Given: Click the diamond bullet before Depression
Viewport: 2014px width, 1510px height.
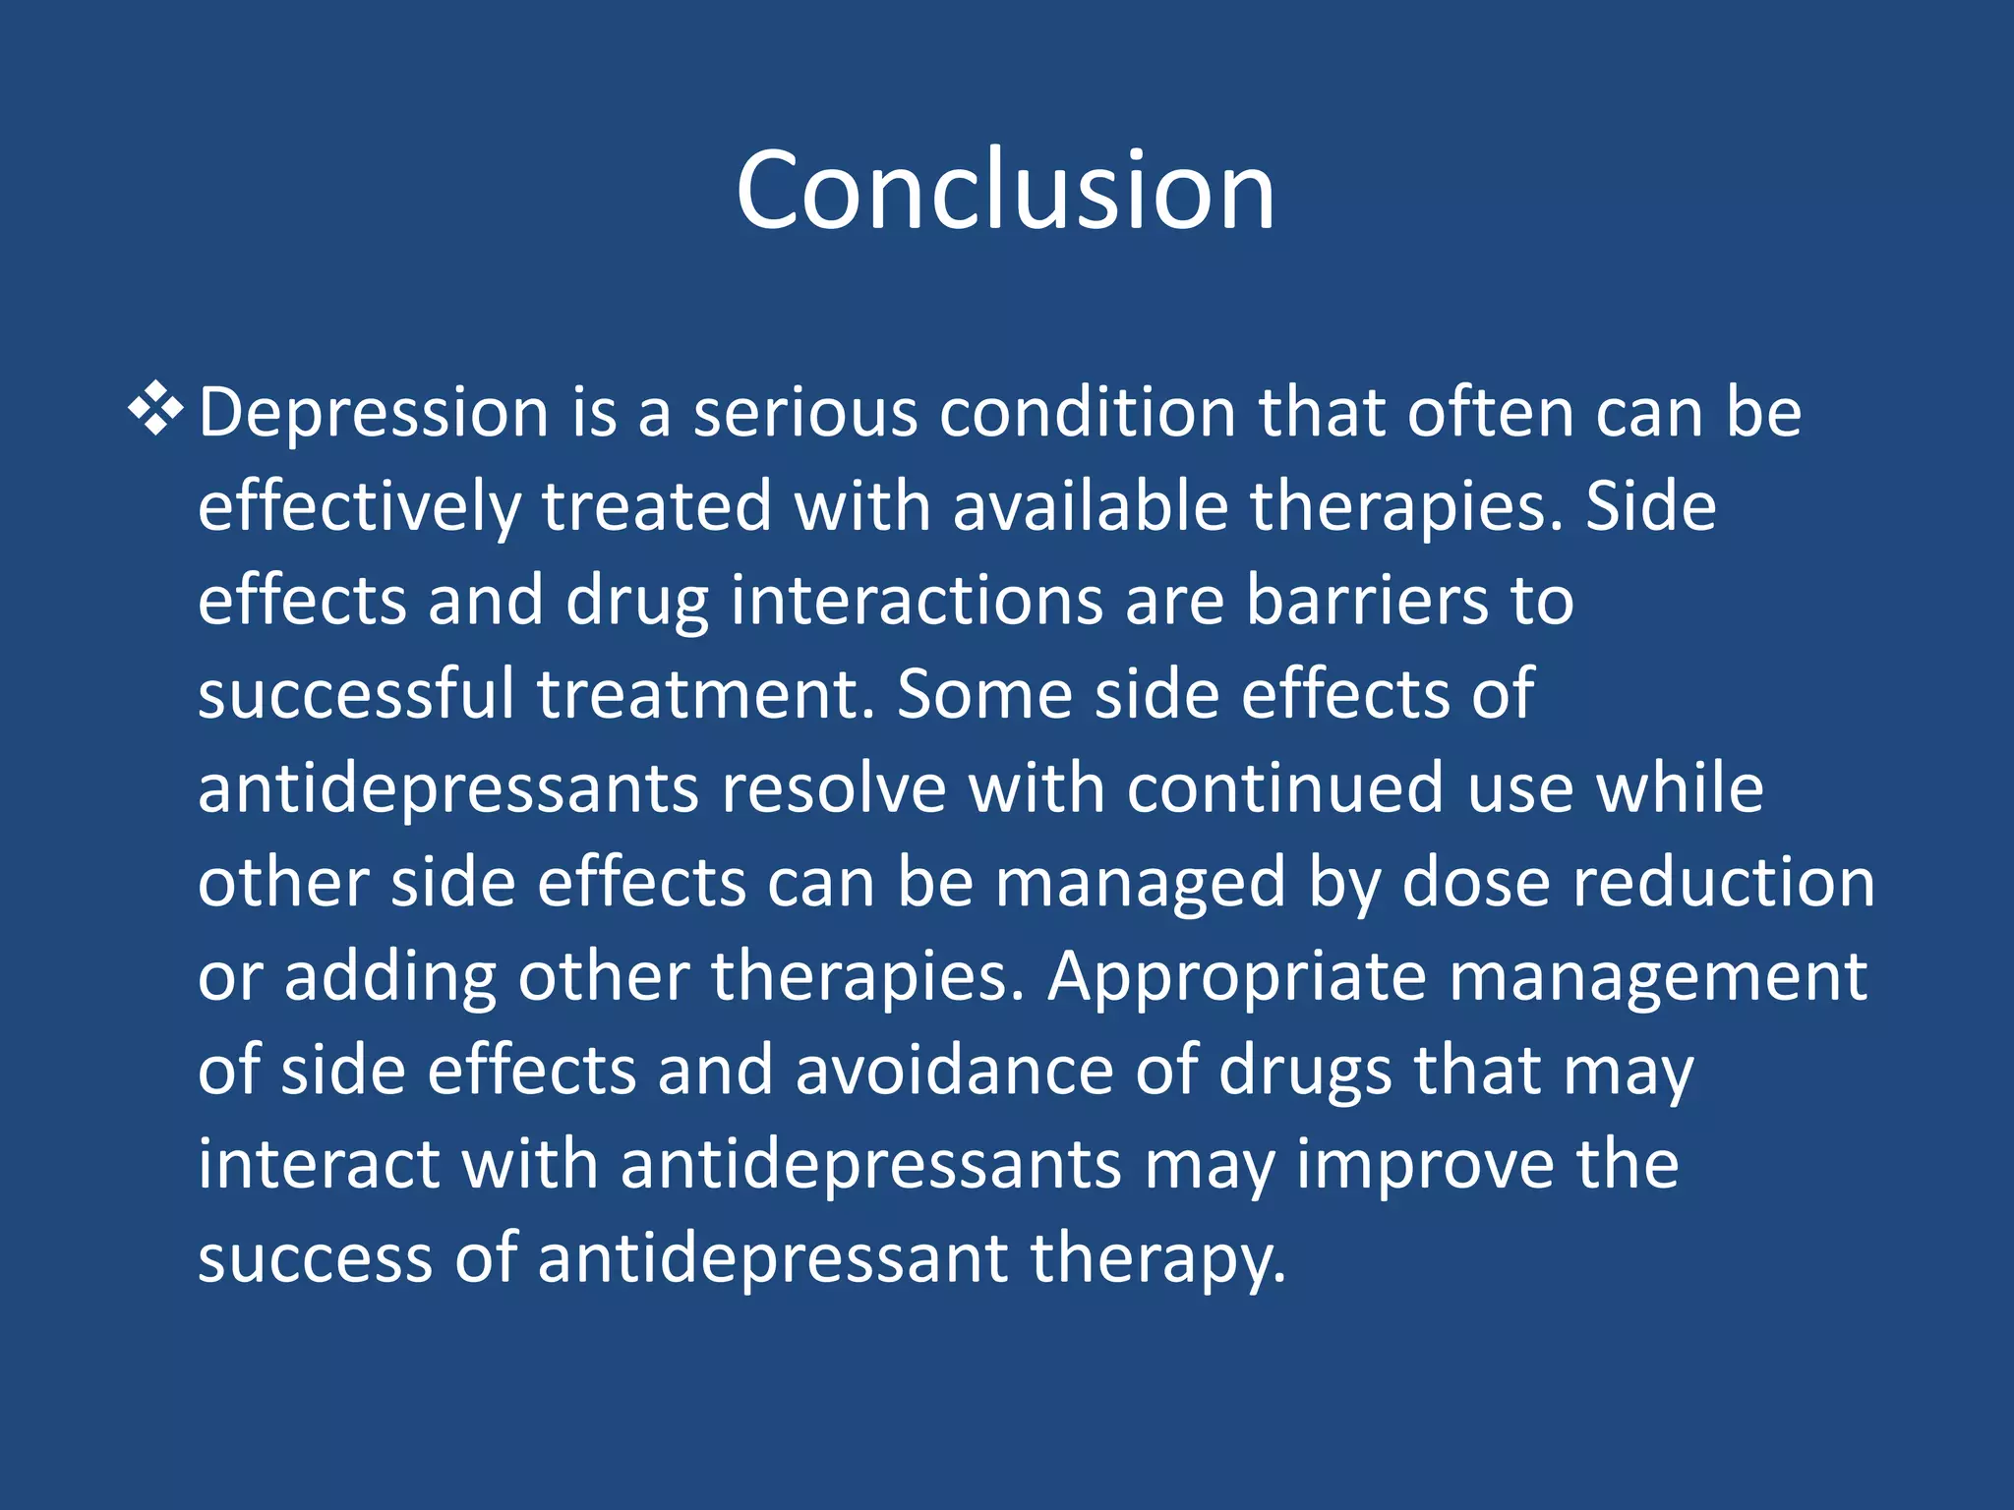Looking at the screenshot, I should (156, 411).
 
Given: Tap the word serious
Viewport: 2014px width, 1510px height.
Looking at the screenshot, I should (804, 413).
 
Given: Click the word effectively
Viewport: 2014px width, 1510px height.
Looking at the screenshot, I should (359, 507).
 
